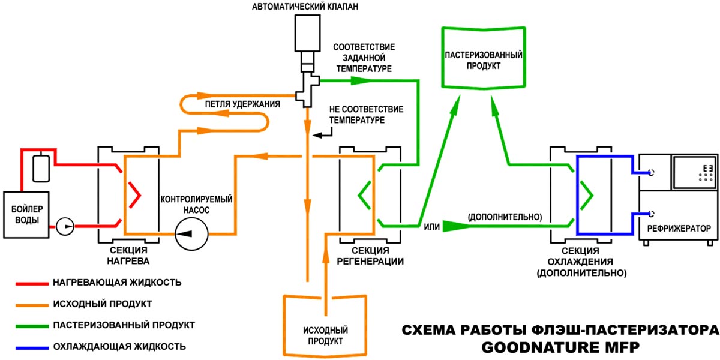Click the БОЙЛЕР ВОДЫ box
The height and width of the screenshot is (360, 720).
[x=26, y=215]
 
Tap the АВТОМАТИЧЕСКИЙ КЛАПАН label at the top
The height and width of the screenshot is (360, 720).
[x=305, y=7]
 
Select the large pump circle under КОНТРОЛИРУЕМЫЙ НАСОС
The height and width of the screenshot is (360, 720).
[x=191, y=233]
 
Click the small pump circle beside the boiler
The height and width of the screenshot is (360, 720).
[x=65, y=226]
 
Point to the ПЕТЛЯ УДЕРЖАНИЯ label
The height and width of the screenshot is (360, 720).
[x=242, y=104]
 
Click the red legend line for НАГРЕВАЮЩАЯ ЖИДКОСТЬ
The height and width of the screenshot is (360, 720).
[x=32, y=283]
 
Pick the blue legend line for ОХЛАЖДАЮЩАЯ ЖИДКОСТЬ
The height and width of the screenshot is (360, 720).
[x=32, y=348]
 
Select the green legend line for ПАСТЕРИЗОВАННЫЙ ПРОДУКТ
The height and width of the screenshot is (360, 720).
[x=32, y=326]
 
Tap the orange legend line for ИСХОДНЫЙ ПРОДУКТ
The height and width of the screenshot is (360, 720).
[x=32, y=305]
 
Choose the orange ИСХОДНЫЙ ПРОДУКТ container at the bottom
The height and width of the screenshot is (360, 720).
[x=284, y=325]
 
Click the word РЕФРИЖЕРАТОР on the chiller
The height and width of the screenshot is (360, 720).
[x=679, y=229]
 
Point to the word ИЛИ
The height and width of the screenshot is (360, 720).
[x=431, y=227]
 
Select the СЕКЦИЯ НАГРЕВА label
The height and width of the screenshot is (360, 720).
[x=128, y=256]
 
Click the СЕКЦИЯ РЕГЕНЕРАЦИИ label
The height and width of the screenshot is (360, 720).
[x=370, y=256]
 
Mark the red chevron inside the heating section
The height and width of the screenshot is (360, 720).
[x=135, y=195]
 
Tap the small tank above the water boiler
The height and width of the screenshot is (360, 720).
[x=41, y=169]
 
